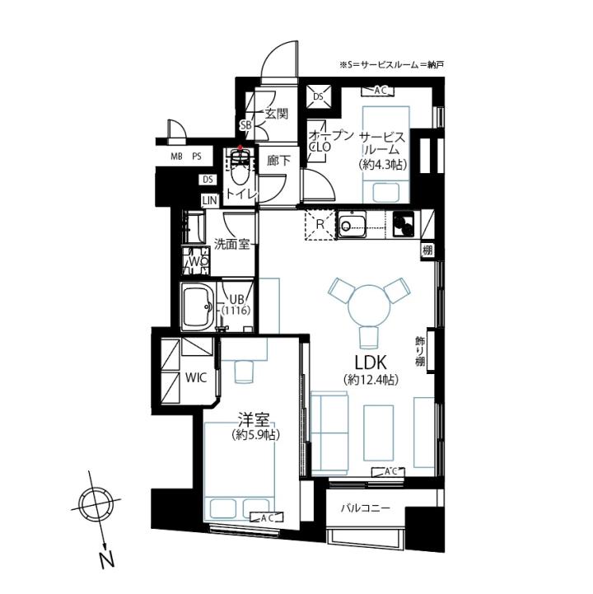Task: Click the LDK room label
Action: (371, 362)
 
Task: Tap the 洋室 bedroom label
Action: (254, 419)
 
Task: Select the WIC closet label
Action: (196, 377)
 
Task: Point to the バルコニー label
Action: (365, 507)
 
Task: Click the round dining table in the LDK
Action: (368, 306)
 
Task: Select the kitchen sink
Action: (353, 225)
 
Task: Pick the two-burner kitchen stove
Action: (404, 224)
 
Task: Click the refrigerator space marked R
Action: (320, 225)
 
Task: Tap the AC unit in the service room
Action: (377, 91)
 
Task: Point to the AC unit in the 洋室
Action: (267, 517)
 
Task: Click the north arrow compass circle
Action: (95, 504)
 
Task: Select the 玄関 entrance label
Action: (276, 114)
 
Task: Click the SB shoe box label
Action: (245, 125)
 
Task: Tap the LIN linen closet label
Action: (210, 200)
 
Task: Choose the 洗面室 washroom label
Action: (232, 245)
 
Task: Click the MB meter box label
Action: (176, 156)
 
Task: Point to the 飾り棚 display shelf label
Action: (420, 351)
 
